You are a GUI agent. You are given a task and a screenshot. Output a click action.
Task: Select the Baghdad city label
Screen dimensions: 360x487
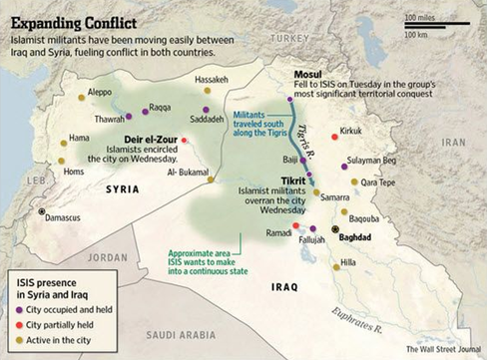point(354,237)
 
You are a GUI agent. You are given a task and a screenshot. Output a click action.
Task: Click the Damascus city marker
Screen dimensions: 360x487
point(41,212)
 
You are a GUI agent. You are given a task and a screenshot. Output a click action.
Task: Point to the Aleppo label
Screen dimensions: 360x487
point(100,91)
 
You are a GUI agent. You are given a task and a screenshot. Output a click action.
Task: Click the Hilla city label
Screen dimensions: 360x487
point(348,262)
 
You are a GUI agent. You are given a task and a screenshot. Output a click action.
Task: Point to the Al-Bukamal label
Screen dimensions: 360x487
point(186,172)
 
